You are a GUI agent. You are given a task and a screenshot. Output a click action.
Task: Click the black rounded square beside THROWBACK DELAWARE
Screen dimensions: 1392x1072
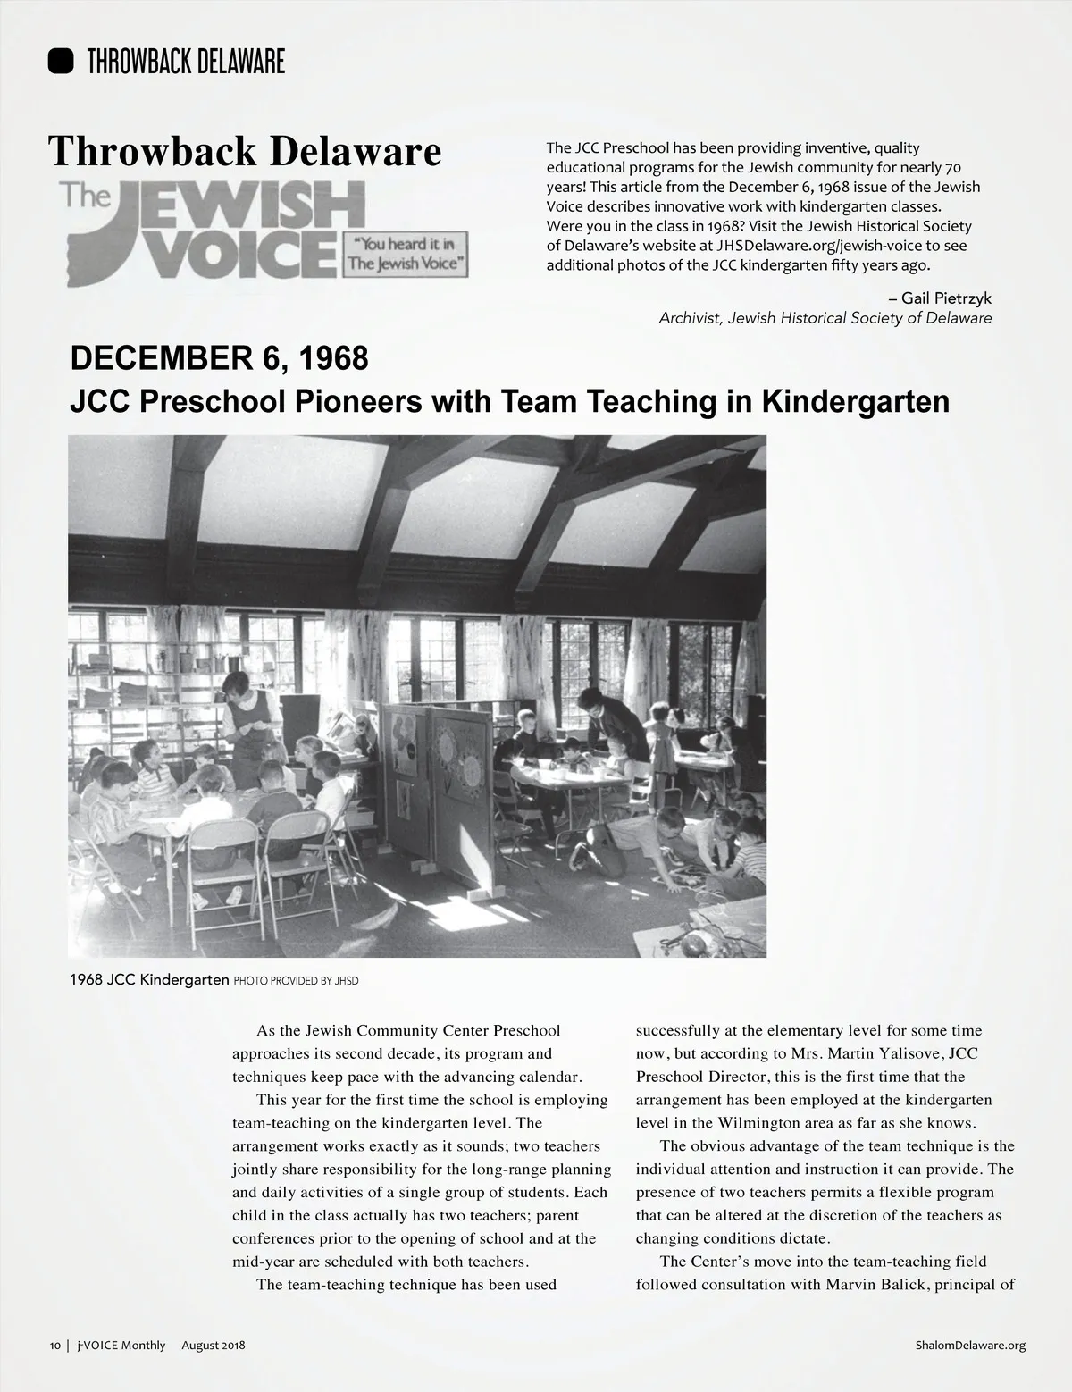point(61,61)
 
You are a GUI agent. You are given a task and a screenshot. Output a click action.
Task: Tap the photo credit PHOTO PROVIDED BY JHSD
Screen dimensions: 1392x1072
point(296,980)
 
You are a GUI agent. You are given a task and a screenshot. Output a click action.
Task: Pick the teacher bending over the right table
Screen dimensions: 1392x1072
point(607,719)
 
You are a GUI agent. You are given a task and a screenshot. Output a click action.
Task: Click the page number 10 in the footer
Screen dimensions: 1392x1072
point(54,1346)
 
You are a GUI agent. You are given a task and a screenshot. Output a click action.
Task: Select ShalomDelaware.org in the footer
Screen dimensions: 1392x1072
point(970,1346)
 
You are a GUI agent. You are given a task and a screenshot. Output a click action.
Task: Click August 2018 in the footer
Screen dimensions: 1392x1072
point(214,1346)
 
